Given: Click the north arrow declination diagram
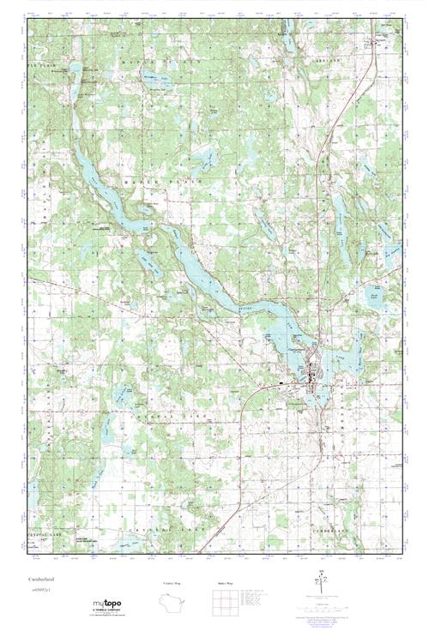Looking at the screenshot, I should (320, 585).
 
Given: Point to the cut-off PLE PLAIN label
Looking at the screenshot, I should (40, 65).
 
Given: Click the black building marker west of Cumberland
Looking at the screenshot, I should (284, 382).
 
